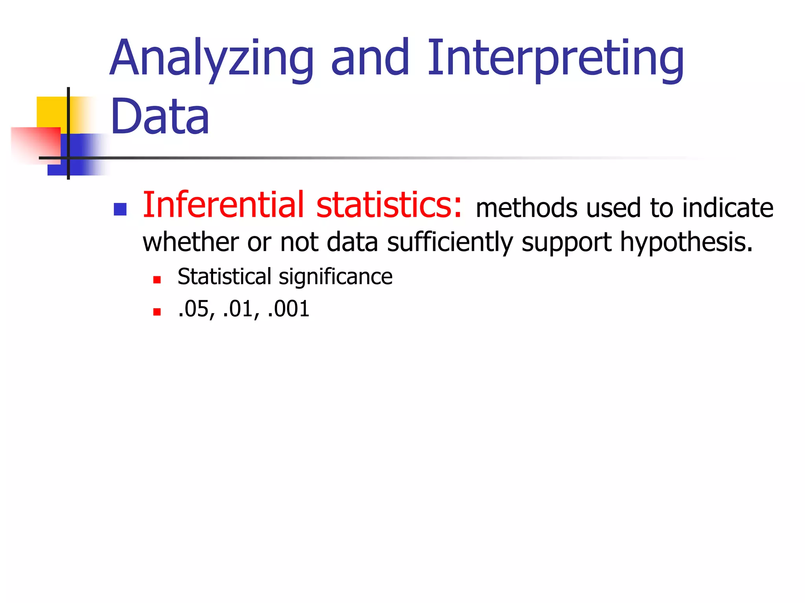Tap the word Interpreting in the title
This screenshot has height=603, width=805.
point(555,59)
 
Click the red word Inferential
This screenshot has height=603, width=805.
point(223,205)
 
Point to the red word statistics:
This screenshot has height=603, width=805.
point(389,205)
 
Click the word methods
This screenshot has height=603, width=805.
point(526,208)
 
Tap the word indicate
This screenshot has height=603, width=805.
point(728,208)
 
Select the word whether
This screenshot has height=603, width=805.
point(191,242)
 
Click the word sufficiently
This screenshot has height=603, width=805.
point(450,242)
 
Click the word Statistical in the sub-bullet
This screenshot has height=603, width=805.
point(224,276)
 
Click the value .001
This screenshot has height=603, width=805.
point(288,309)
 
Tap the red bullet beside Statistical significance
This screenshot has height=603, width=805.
point(157,280)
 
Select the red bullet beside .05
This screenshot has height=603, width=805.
point(157,312)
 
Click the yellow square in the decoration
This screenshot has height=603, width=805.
point(51,112)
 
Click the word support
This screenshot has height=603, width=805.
point(566,243)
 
